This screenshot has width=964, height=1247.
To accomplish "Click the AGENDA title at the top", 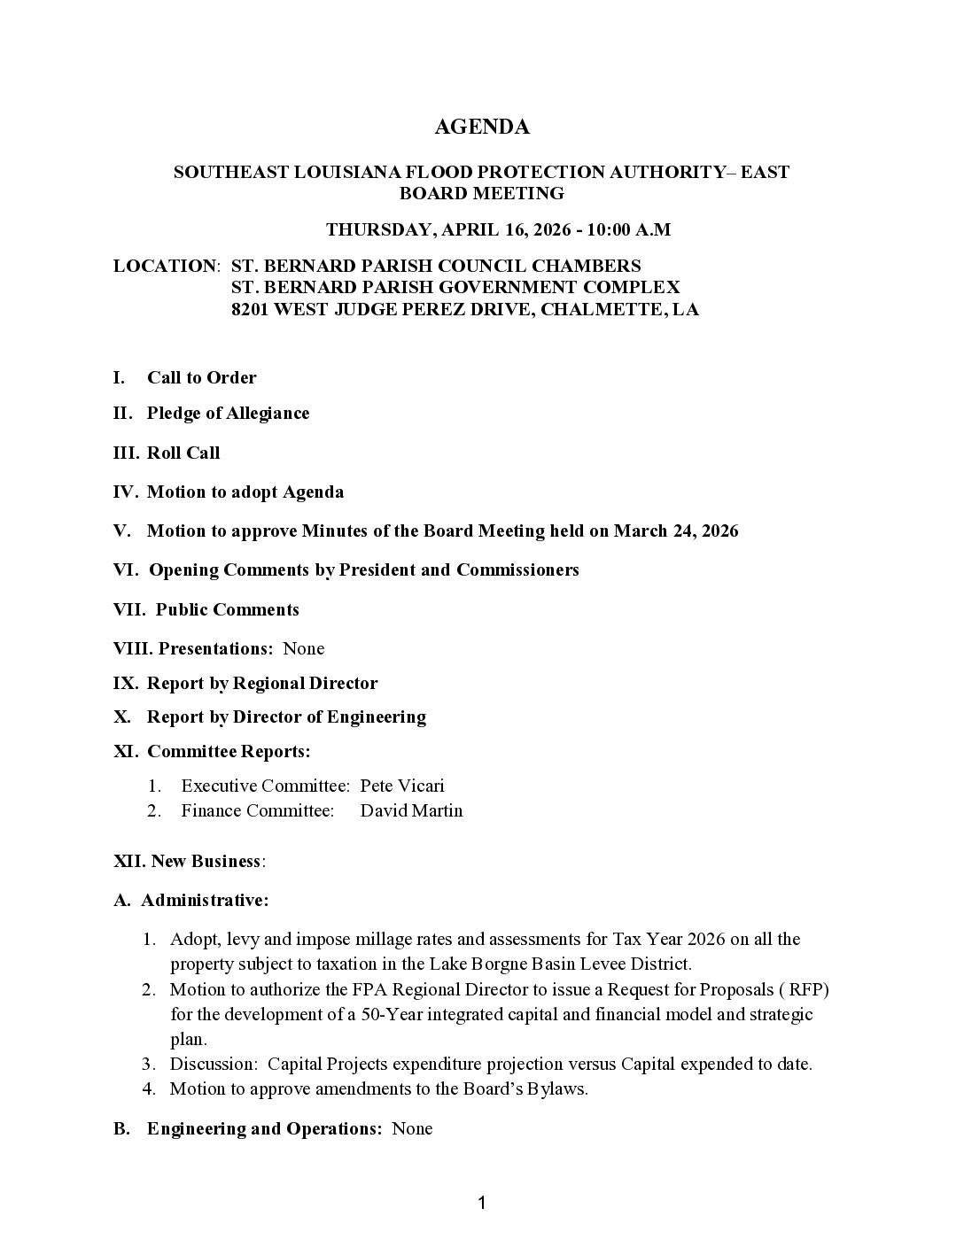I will coord(482,128).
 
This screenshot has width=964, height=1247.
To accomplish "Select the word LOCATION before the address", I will coord(165,266).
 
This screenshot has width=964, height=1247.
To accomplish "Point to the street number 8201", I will coord(250,310).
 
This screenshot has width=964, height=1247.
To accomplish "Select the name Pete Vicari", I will coord(402,786).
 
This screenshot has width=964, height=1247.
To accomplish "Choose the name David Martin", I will coord(411,810).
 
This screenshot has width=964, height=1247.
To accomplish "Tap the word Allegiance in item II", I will coord(268,414).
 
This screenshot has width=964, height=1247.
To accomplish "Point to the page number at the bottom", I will coord(482,1203).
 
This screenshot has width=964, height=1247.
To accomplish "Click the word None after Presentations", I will coord(303,648).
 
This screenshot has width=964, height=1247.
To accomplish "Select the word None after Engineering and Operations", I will coord(412,1128).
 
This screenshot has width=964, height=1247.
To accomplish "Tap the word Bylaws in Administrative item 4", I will coord(559,1088).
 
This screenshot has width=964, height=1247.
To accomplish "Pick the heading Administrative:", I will coord(205,901).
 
